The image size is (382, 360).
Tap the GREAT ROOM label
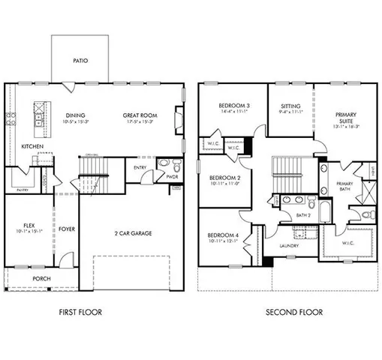[x=140, y=115]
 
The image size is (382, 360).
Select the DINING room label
[x=74, y=115]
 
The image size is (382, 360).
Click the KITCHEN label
[x=32, y=145]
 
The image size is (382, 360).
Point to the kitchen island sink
[x=35, y=116]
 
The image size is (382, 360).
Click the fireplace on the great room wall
[x=177, y=118]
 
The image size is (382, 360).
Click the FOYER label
[x=67, y=229]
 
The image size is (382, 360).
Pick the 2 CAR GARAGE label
[x=133, y=233]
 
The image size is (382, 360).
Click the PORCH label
[x=41, y=278]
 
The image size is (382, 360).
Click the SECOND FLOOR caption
[x=294, y=312]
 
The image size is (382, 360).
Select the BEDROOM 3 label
[x=234, y=106]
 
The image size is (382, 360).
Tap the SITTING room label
[x=290, y=106]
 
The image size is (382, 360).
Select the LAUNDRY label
[x=289, y=245]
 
